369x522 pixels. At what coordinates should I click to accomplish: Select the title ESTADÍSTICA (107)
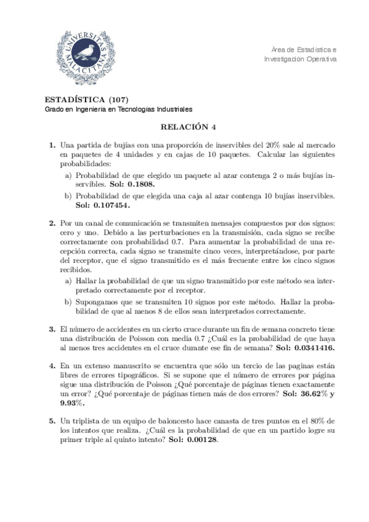[87, 100]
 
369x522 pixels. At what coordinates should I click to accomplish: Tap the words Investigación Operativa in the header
[301, 59]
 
